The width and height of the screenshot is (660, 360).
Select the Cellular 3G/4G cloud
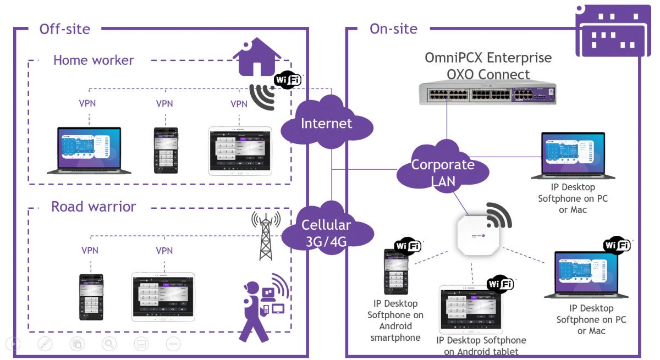coord(326,231)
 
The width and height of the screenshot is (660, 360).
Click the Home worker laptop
coord(89,151)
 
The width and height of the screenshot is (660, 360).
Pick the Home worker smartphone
coord(165,150)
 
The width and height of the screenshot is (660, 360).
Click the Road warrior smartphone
coord(91,296)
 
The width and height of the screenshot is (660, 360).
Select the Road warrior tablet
coord(163,296)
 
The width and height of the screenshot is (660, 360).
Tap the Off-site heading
coord(64,29)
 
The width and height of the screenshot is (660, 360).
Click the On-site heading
coord(393,29)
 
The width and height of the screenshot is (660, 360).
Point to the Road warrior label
coord(94,207)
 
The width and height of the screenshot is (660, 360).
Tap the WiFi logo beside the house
coord(288,81)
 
